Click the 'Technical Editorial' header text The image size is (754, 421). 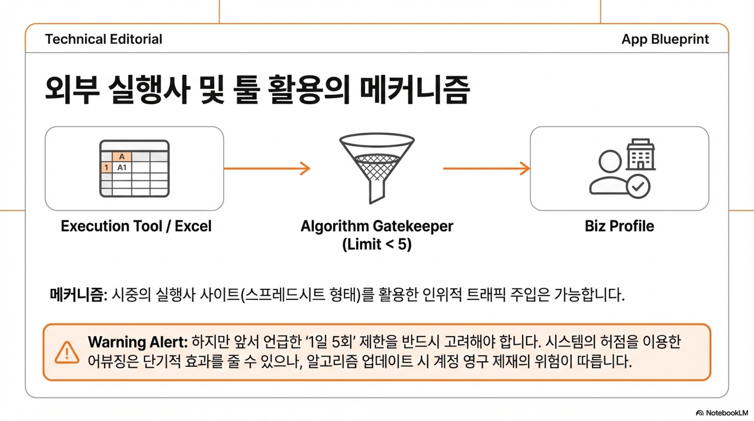tap(104, 39)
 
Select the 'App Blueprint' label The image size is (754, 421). tap(665, 39)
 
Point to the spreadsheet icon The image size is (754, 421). tap(134, 168)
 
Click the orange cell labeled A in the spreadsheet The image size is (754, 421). tap(122, 157)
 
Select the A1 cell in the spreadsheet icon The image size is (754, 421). tap(122, 167)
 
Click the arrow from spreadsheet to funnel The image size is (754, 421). tap(267, 168)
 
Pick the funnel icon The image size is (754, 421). tap(377, 168)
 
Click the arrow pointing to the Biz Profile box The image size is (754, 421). tap(487, 168)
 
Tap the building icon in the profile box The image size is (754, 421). tap(641, 155)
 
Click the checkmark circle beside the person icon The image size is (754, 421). tap(638, 186)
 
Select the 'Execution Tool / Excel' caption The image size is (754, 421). tap(136, 226)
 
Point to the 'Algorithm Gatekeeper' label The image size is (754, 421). tap(377, 226)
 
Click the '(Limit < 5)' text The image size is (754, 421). tap(377, 244)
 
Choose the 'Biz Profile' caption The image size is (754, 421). tap(619, 226)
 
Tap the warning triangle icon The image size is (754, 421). tap(67, 352)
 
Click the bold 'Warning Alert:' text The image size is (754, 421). tap(138, 342)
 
